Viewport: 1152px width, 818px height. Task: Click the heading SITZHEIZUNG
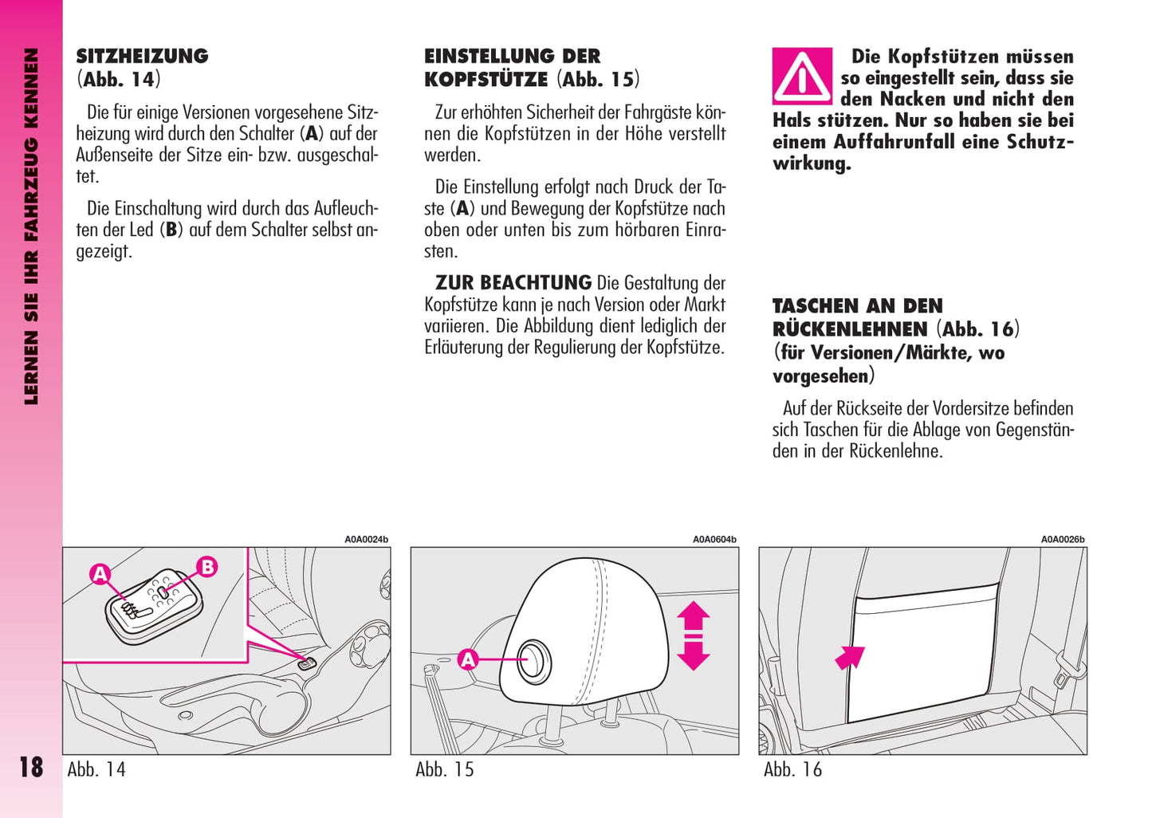142,57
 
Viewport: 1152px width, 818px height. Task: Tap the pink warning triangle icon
802,77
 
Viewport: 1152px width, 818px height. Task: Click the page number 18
31,767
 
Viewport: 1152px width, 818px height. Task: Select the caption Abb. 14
96,769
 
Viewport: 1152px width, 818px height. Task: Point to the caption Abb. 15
444,769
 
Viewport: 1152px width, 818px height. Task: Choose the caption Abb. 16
792,769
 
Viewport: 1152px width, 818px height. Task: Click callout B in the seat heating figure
206,567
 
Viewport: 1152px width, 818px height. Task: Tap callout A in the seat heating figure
100,573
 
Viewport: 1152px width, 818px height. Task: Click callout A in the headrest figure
468,659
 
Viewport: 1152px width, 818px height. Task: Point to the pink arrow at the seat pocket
850,657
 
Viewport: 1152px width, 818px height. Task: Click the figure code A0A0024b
366,540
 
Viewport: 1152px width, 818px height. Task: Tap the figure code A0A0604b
714,540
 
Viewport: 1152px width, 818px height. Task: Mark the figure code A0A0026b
1063,540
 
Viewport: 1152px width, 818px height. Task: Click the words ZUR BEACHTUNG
513,283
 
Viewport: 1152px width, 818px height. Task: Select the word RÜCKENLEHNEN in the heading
850,329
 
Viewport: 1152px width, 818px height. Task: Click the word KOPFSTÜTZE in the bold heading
486,80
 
